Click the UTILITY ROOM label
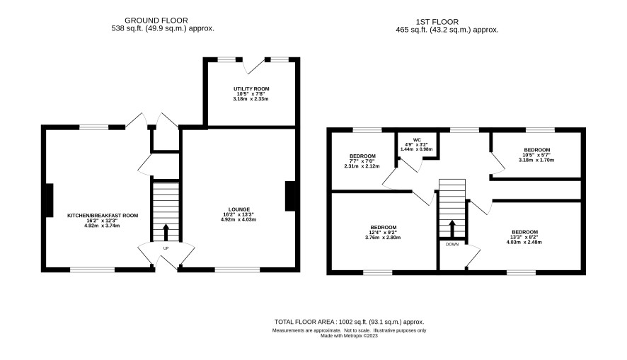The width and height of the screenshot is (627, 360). pos(251,88)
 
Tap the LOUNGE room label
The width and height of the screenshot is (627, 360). pos(238,209)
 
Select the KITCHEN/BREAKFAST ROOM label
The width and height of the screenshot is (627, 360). pos(103,215)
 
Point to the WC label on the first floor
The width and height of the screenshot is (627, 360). pos(416,140)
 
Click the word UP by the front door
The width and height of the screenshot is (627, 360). pos(166,248)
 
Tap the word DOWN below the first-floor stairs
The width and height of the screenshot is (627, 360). pos(452,244)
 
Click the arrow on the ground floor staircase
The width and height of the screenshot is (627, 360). pos(166,233)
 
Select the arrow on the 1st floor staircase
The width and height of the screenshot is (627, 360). pos(452,228)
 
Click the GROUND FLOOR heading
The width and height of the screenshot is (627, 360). pos(156,21)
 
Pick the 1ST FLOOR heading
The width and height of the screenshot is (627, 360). pos(437,22)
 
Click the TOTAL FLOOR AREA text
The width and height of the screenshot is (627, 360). pos(349,322)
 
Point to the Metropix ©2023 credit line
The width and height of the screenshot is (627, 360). pos(349,336)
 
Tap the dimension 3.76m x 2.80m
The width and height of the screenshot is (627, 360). pos(383,238)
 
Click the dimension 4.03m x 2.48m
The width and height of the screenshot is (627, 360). pos(524,242)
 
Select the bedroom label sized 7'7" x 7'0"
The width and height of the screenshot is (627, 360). pos(362,156)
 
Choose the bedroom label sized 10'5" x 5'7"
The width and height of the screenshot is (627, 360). pos(536,150)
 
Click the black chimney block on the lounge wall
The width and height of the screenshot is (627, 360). pos(290,196)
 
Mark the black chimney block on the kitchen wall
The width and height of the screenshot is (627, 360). pos(50,200)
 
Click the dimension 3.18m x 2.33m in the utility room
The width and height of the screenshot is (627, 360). pos(251,98)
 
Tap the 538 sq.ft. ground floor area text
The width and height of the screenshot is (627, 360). pos(163,28)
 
